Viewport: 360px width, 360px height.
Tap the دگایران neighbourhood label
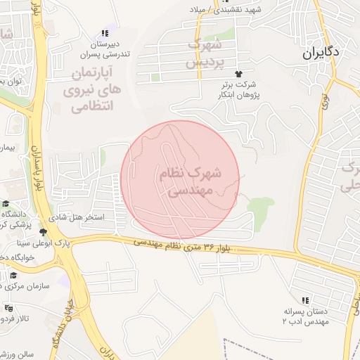(321, 52)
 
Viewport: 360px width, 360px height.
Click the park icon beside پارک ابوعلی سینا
(43, 232)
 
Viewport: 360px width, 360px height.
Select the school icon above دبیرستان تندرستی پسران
(105, 33)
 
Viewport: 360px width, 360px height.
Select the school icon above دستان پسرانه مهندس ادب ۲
(304, 300)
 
